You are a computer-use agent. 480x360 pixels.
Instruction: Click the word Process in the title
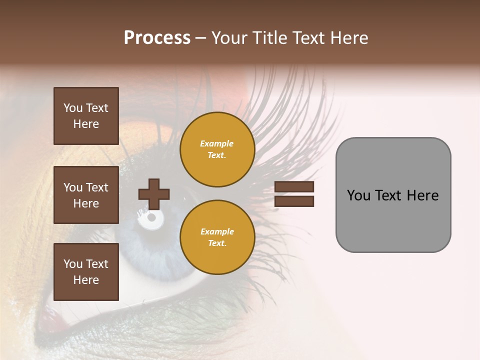coord(157,37)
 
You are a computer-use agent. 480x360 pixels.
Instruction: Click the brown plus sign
coord(154,194)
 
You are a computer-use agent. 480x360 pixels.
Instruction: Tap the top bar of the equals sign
coord(294,187)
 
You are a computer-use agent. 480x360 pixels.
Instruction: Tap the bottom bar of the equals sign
coord(294,201)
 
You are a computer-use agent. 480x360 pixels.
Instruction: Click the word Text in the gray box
coord(390,195)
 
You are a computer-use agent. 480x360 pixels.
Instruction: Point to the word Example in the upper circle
coord(216,143)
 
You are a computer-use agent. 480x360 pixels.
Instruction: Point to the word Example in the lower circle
coord(217,231)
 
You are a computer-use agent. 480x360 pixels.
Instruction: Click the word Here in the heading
coord(349,37)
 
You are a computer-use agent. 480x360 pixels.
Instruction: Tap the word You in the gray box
coord(358,195)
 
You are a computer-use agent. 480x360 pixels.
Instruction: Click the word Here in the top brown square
coord(86,124)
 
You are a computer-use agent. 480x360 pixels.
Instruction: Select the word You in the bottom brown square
coord(73,263)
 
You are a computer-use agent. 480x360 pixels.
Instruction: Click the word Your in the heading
coord(229,37)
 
